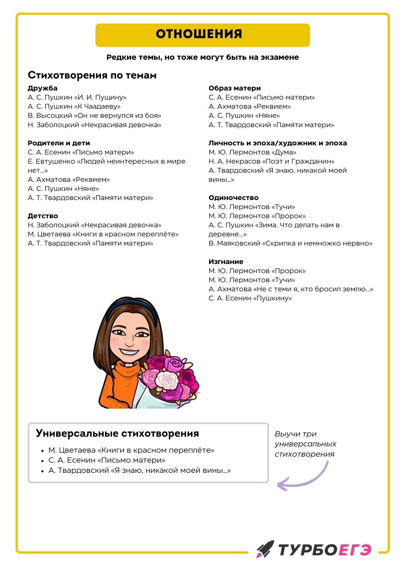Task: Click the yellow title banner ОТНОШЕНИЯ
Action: click(x=202, y=35)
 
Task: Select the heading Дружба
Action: click(x=42, y=88)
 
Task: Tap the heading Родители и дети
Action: click(x=59, y=143)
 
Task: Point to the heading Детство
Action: click(x=43, y=216)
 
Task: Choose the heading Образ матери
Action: click(x=235, y=88)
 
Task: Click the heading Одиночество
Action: click(x=233, y=198)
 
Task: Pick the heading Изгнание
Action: click(x=226, y=262)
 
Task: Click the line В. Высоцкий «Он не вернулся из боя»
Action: click(x=94, y=116)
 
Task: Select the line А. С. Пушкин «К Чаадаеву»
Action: click(x=74, y=106)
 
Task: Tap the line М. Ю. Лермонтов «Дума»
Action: click(x=252, y=152)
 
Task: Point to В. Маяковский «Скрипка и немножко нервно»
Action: click(x=290, y=243)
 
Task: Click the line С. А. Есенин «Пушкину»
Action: click(x=250, y=298)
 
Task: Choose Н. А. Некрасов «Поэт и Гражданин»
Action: click(x=272, y=161)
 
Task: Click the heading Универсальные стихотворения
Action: click(x=117, y=434)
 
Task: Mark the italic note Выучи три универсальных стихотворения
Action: click(x=305, y=444)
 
